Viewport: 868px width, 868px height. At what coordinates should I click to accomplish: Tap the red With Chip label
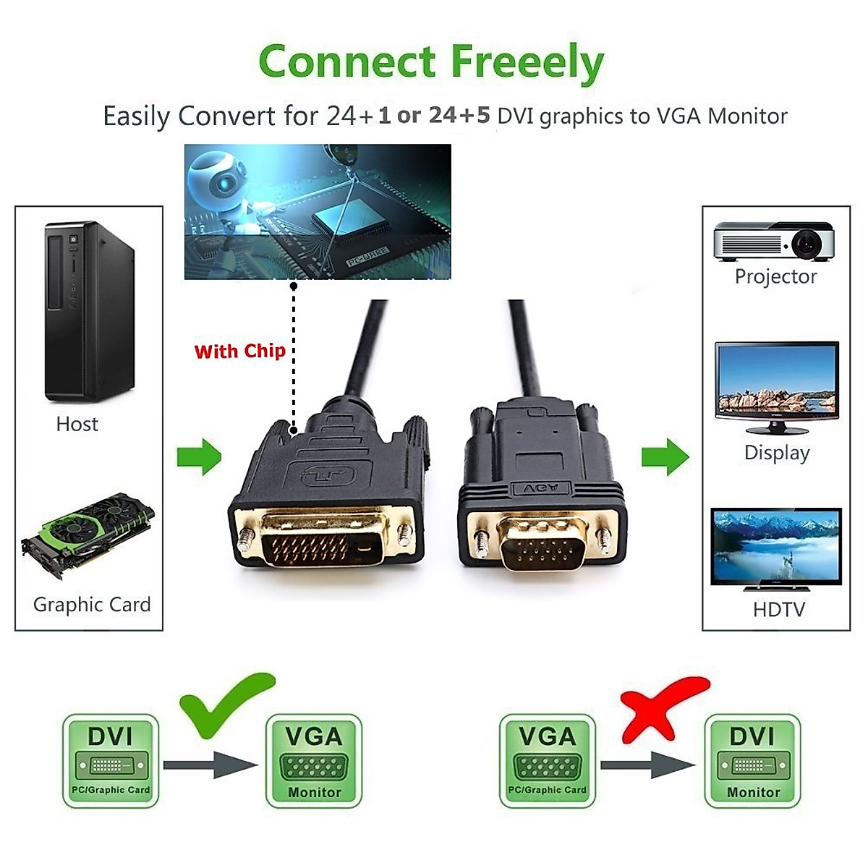pyautogui.click(x=239, y=352)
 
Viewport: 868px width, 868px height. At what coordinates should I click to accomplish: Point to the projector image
pyautogui.click(x=774, y=242)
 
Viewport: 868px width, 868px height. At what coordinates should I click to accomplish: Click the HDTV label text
pyautogui.click(x=778, y=610)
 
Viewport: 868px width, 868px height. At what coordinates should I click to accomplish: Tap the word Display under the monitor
pyautogui.click(x=777, y=453)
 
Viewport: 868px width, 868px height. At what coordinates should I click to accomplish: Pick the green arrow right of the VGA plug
pyautogui.click(x=665, y=456)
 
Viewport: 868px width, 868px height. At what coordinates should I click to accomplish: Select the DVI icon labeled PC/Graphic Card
pyautogui.click(x=111, y=760)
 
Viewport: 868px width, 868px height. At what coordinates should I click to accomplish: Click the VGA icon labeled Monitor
pyautogui.click(x=314, y=760)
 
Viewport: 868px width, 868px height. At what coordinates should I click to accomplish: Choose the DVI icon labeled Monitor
pyautogui.click(x=752, y=760)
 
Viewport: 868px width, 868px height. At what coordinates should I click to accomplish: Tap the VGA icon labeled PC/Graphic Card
pyautogui.click(x=548, y=760)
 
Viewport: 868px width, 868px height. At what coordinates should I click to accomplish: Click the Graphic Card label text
pyautogui.click(x=92, y=605)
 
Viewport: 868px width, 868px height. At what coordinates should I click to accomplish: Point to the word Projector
pyautogui.click(x=775, y=276)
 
